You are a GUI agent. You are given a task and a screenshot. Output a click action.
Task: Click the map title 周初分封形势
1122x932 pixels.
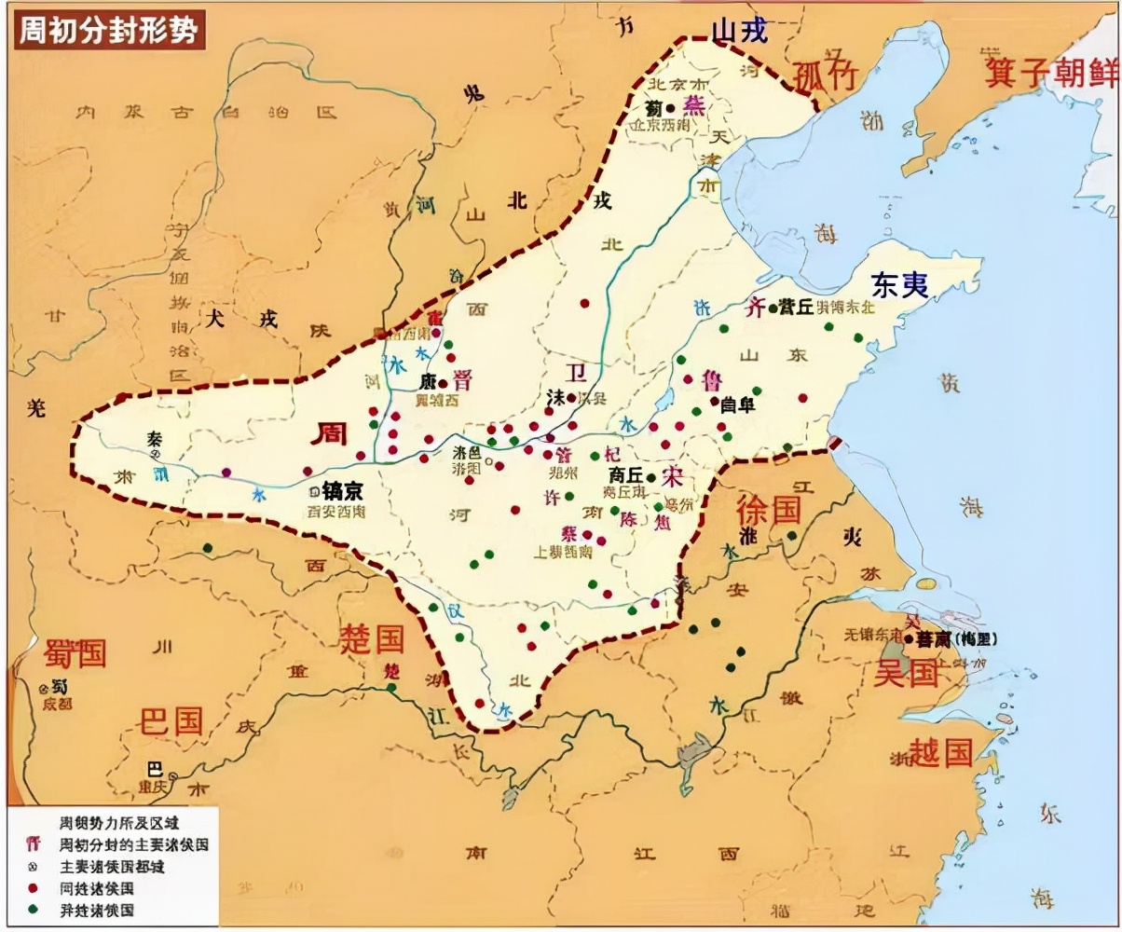point(109,31)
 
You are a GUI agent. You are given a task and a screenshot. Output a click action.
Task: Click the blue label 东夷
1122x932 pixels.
point(900,284)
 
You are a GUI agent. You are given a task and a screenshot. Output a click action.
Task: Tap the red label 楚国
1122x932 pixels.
point(371,639)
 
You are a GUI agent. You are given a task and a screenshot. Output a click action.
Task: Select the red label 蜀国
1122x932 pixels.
point(75,653)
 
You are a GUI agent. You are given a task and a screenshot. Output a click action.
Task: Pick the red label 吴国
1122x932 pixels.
point(906,673)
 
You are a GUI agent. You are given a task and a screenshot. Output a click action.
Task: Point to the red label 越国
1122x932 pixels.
point(941,751)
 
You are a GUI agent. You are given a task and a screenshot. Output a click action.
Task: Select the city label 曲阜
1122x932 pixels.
point(737,404)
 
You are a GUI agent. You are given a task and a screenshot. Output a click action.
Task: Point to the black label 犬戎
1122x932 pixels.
point(243,319)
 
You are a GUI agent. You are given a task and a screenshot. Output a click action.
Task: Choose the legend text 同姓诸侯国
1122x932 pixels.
point(96,888)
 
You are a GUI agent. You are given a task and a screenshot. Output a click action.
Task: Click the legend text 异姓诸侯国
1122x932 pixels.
point(96,910)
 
